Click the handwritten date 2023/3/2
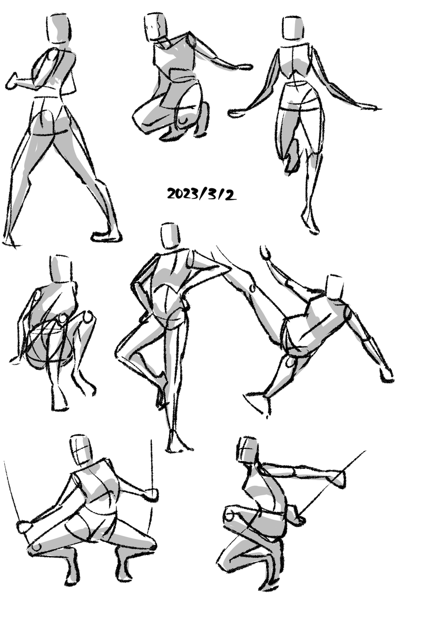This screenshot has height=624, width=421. (x=201, y=194)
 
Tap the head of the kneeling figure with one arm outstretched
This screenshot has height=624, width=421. (x=155, y=27)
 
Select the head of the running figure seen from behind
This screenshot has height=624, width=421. (x=293, y=28)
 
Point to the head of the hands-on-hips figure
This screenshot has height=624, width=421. (x=170, y=236)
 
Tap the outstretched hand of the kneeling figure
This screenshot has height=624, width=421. (x=243, y=67)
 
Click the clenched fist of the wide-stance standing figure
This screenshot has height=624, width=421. (x=12, y=82)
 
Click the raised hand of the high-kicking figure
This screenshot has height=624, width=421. (x=265, y=252)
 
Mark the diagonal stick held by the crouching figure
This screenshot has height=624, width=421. (x=332, y=484)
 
